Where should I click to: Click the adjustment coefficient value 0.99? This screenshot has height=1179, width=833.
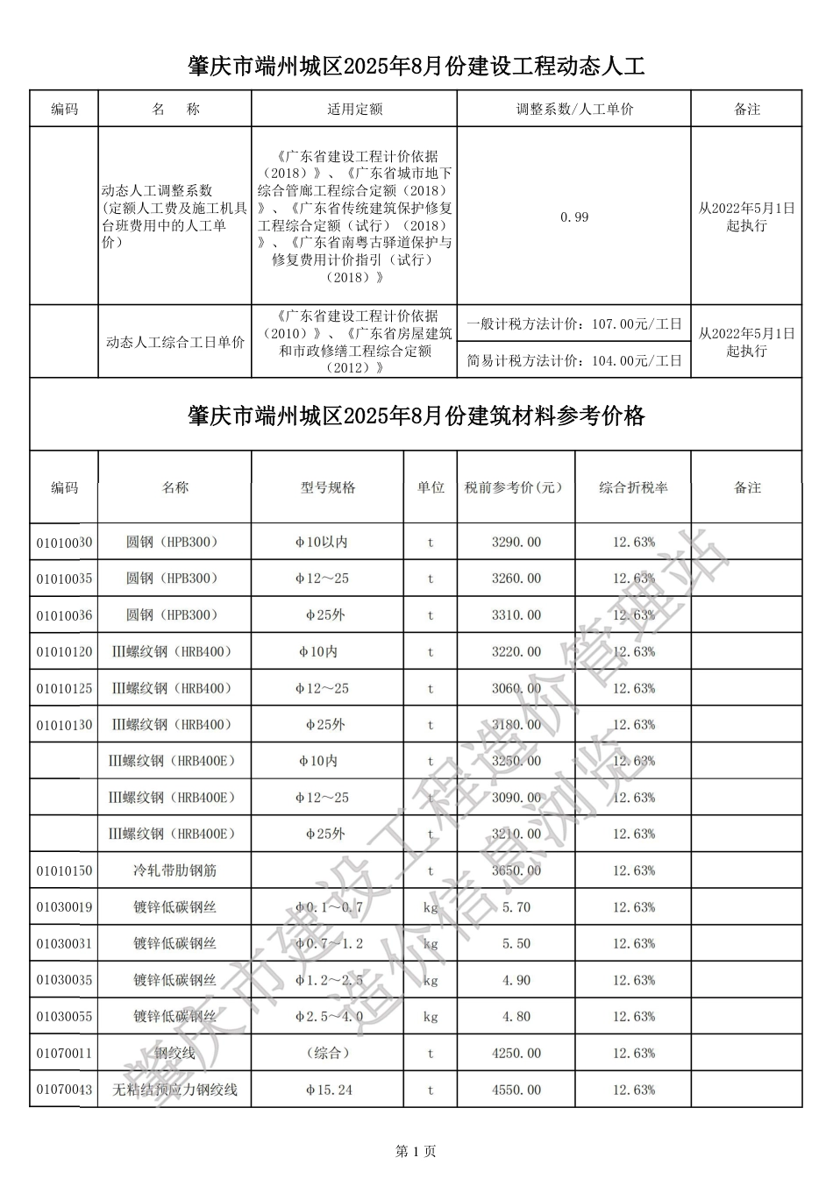[x=574, y=217]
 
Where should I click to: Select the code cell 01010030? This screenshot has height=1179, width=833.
[x=64, y=543]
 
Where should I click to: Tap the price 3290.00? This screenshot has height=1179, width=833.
[x=516, y=543]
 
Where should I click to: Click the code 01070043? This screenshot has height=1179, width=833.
[x=64, y=1090]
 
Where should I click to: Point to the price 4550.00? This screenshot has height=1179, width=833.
[x=516, y=1090]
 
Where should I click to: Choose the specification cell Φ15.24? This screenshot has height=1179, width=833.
[x=328, y=1090]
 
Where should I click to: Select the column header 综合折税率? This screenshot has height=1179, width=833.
[x=633, y=487]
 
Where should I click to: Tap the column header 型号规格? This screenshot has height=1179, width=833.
[x=328, y=487]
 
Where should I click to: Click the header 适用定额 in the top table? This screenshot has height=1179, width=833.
[x=354, y=110]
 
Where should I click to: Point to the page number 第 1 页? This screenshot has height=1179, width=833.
[x=416, y=1151]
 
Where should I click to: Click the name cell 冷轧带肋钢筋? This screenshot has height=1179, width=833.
[x=174, y=870]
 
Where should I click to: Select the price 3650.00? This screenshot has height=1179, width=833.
[x=516, y=870]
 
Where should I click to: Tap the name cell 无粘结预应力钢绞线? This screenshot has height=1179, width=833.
[x=174, y=1090]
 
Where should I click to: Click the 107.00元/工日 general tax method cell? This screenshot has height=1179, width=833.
[x=574, y=323]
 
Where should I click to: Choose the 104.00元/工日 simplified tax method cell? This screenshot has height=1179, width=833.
[x=574, y=360]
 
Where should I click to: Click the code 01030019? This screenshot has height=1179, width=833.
[x=64, y=907]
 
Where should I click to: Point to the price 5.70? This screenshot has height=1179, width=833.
[x=516, y=907]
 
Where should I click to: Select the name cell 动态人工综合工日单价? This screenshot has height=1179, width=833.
[x=174, y=342]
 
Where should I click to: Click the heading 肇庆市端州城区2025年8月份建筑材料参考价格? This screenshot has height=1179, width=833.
[x=416, y=415]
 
